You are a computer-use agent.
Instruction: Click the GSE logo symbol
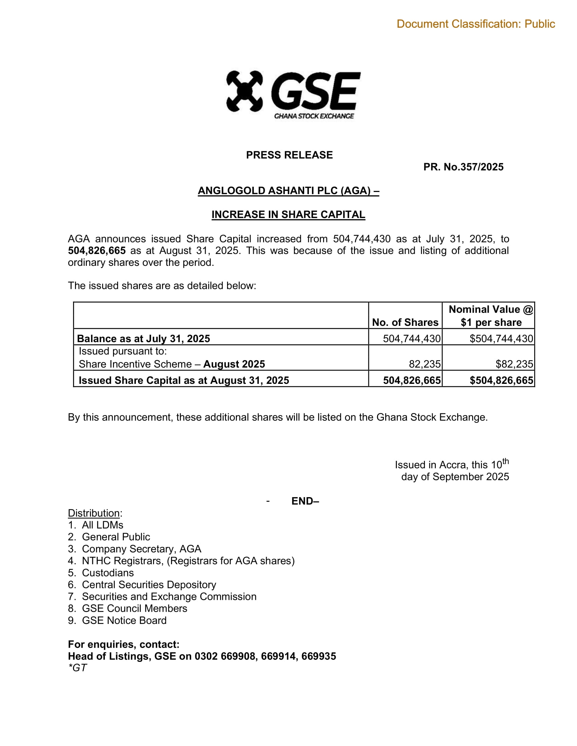pyautogui.click(x=244, y=91)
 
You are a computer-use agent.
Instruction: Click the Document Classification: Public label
pyautogui.click(x=476, y=24)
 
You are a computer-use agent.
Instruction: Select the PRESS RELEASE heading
pyautogui.click(x=289, y=155)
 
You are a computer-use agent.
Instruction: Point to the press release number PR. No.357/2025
pyautogui.click(x=463, y=167)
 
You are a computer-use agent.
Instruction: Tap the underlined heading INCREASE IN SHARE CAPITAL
pyautogui.click(x=288, y=215)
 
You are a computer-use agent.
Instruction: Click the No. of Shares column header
pyautogui.click(x=405, y=322)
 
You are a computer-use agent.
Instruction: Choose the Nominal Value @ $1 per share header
pyautogui.click(x=491, y=316)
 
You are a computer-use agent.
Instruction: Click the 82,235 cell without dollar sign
pyautogui.click(x=425, y=364)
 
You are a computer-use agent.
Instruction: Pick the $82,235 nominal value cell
pyautogui.click(x=514, y=364)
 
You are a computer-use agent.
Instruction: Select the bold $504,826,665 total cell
pyautogui.click(x=501, y=380)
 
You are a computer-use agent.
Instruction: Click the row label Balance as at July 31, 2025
pyautogui.click(x=144, y=338)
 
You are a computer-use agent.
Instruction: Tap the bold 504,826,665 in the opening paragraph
pyautogui.click(x=97, y=251)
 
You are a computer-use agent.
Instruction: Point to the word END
pyautogui.click(x=304, y=501)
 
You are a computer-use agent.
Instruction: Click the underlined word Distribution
pyautogui.click(x=94, y=513)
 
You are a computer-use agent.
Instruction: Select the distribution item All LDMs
pyautogui.click(x=103, y=525)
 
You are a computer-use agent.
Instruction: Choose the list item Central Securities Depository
pyautogui.click(x=149, y=585)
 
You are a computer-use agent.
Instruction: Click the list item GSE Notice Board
pyautogui.click(x=124, y=621)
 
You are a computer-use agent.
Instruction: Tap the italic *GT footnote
pyautogui.click(x=78, y=668)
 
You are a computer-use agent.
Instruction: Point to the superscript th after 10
pyautogui.click(x=506, y=462)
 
